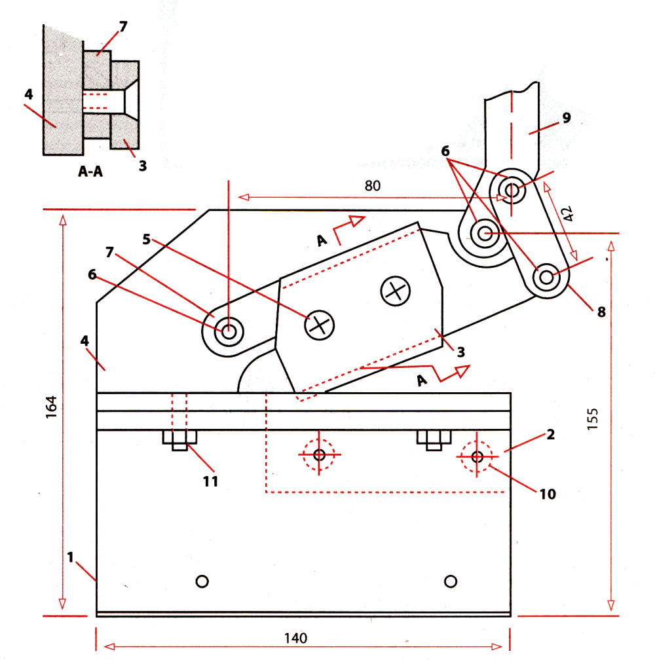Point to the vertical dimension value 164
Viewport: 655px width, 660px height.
52,408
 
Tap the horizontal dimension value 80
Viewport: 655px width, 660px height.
373,186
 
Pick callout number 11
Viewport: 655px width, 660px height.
210,482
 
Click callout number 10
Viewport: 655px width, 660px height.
547,493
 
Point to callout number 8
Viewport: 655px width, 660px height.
600,312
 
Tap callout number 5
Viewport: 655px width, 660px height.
147,240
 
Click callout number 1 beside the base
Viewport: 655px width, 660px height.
70,557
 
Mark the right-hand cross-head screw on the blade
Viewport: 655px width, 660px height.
395,291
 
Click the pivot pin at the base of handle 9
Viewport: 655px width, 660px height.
511,191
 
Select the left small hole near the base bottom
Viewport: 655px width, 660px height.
202,581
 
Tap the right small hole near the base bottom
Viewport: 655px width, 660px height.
450,581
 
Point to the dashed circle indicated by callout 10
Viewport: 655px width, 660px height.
477,455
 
